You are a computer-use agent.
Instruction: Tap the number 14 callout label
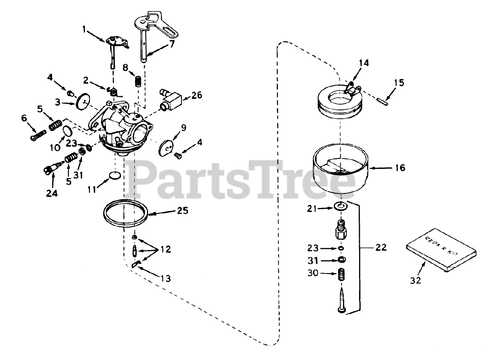point(364,63)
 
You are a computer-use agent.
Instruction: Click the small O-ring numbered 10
point(67,131)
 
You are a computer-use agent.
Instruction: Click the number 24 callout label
point(52,193)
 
